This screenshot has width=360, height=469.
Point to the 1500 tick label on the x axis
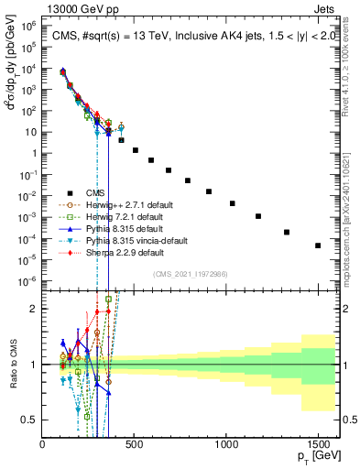point(318,443)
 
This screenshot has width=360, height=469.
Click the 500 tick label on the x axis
point(135,443)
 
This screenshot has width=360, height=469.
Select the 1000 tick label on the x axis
point(226,443)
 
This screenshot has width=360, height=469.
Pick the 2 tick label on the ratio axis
point(34,309)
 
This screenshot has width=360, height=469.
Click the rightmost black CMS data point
point(318,245)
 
